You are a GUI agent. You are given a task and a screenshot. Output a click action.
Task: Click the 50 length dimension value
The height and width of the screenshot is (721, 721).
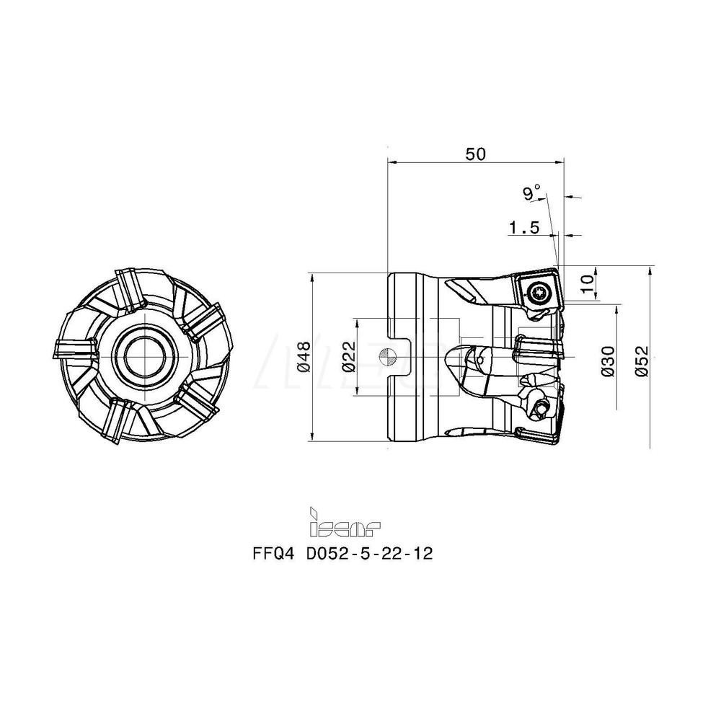pos(476,154)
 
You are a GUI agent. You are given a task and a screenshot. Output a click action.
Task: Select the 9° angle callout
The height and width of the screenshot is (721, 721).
pos(532,193)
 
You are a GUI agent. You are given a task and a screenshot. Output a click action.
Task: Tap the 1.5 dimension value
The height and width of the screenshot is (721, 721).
pos(523,228)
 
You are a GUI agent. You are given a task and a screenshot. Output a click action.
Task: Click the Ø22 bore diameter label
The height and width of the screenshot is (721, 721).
pos(348,356)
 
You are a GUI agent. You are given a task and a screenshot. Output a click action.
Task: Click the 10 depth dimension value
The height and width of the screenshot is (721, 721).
pos(588,284)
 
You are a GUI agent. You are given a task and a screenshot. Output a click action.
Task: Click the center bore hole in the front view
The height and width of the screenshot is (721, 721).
pos(144,354)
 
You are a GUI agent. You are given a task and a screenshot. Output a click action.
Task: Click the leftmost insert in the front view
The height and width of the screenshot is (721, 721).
pos(76,348)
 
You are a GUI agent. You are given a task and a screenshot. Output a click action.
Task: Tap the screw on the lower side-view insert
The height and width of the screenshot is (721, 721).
pos(539,408)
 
